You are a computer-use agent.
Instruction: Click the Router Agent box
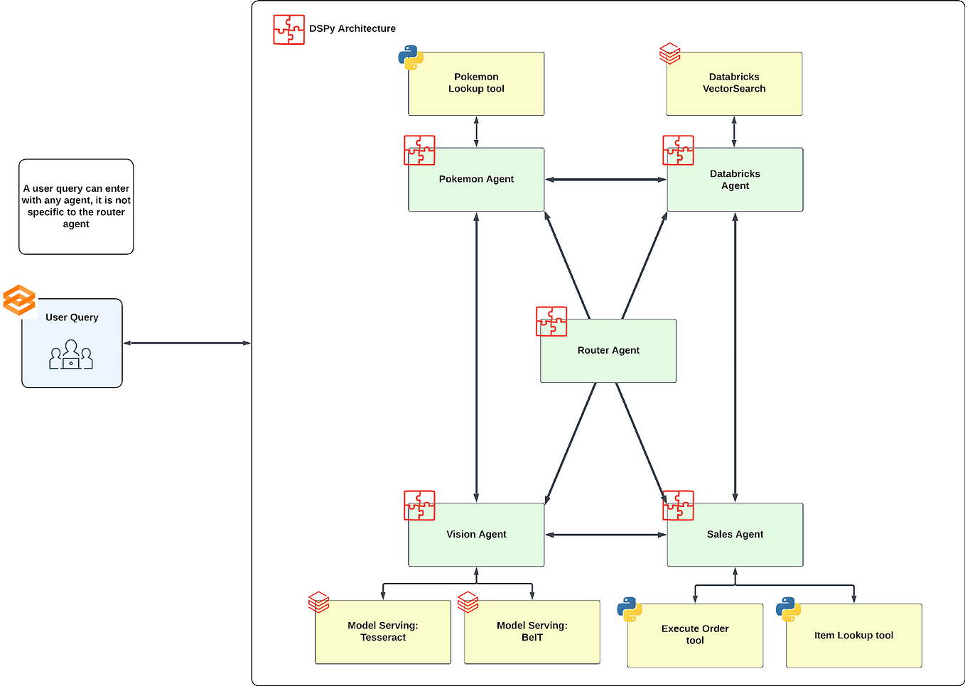click(608, 351)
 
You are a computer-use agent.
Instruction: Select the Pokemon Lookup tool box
click(476, 84)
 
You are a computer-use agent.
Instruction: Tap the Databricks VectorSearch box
click(734, 84)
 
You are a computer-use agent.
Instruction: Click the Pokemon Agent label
click(476, 179)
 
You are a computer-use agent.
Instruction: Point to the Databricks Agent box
click(735, 180)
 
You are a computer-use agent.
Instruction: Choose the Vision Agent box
click(476, 535)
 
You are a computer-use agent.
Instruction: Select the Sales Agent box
click(735, 535)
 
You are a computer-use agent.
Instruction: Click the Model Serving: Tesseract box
click(383, 632)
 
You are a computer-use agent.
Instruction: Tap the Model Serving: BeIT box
click(532, 632)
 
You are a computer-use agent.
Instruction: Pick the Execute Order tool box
click(695, 636)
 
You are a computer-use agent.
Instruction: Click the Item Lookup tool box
click(853, 636)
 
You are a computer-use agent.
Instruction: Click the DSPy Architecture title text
click(352, 28)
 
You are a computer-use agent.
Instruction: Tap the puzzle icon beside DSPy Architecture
click(289, 30)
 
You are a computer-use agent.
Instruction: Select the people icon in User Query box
click(71, 355)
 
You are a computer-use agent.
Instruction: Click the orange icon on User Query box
click(19, 300)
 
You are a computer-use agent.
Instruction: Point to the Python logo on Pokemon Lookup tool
click(411, 58)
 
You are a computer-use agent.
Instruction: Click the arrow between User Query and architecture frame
click(187, 343)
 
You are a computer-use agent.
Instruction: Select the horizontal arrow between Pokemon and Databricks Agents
click(605, 180)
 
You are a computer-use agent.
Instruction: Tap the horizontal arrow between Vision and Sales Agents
click(605, 535)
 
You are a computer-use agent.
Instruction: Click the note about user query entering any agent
click(76, 207)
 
